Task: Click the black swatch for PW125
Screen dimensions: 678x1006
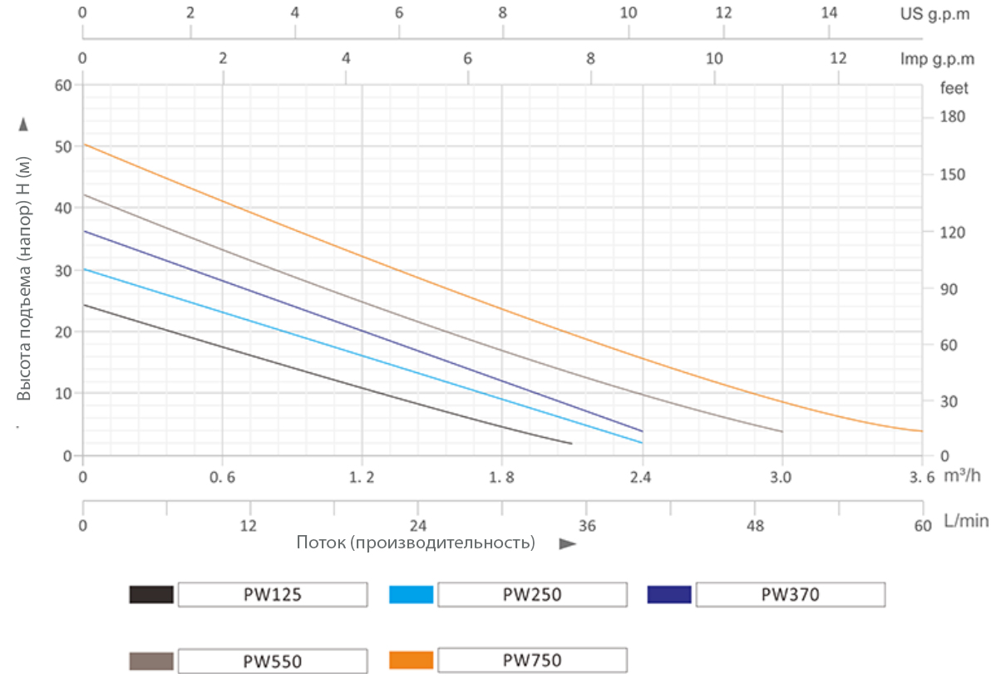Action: tap(151, 594)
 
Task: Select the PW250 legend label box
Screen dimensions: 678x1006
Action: tap(532, 594)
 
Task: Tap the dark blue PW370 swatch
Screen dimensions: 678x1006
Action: tap(669, 594)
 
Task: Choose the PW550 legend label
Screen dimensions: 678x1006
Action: tap(273, 661)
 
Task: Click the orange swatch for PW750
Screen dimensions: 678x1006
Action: tap(411, 661)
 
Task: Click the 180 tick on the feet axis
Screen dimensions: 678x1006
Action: tap(952, 117)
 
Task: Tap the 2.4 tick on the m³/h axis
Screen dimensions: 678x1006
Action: tap(640, 477)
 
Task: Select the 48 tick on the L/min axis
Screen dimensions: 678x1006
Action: tap(754, 525)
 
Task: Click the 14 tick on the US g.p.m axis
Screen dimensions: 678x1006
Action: tap(829, 14)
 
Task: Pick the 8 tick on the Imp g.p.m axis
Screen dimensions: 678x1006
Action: tap(590, 59)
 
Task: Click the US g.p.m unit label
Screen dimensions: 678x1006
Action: tap(935, 14)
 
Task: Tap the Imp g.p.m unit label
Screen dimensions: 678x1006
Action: tap(938, 59)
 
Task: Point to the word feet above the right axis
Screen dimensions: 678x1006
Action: tap(954, 87)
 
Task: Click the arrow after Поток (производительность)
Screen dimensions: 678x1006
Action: tap(568, 544)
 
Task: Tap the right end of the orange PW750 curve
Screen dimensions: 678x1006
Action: tap(921, 430)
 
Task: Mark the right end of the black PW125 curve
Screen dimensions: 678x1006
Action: tap(571, 444)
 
